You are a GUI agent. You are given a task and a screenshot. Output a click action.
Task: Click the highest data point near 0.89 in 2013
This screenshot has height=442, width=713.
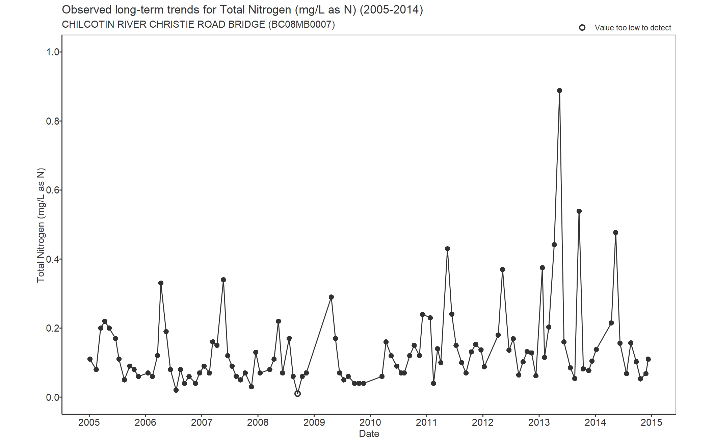click(559, 90)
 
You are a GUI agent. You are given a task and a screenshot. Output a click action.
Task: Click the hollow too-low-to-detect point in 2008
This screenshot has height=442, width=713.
click(297, 394)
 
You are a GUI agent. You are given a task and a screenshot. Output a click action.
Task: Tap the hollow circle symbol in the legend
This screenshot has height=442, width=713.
click(582, 28)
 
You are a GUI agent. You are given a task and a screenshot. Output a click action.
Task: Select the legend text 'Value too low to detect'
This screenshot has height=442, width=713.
click(633, 28)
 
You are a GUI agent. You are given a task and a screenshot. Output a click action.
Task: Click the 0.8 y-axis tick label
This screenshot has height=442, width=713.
click(53, 121)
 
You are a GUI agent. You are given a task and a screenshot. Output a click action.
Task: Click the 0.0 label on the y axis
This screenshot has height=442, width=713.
click(53, 397)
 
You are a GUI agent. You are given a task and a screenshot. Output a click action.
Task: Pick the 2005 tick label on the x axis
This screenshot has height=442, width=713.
click(89, 422)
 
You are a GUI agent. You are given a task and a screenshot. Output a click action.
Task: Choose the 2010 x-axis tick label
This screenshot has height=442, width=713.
click(370, 422)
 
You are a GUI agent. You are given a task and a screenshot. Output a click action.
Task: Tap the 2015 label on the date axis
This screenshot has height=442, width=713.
click(652, 422)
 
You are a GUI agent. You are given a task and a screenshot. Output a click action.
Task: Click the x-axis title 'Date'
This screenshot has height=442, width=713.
click(369, 434)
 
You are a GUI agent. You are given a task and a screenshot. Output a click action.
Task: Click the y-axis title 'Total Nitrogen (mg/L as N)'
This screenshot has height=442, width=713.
click(41, 225)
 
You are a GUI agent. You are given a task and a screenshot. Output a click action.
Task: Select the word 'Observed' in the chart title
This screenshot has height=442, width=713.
click(86, 10)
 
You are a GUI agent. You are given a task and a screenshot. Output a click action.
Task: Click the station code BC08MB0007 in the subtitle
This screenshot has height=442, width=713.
click(301, 25)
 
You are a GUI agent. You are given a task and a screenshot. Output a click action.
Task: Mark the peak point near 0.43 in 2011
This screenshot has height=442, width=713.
click(447, 249)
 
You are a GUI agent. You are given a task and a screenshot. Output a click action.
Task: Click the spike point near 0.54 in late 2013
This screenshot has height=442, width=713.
click(579, 211)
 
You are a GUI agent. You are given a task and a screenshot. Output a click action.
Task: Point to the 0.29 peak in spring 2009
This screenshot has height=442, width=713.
click(331, 297)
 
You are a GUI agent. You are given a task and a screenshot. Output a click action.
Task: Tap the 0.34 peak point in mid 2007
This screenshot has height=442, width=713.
click(223, 280)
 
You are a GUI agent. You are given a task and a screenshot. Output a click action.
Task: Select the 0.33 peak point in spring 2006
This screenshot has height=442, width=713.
click(161, 283)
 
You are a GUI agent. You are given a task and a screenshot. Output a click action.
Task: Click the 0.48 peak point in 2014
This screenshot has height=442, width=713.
click(615, 233)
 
